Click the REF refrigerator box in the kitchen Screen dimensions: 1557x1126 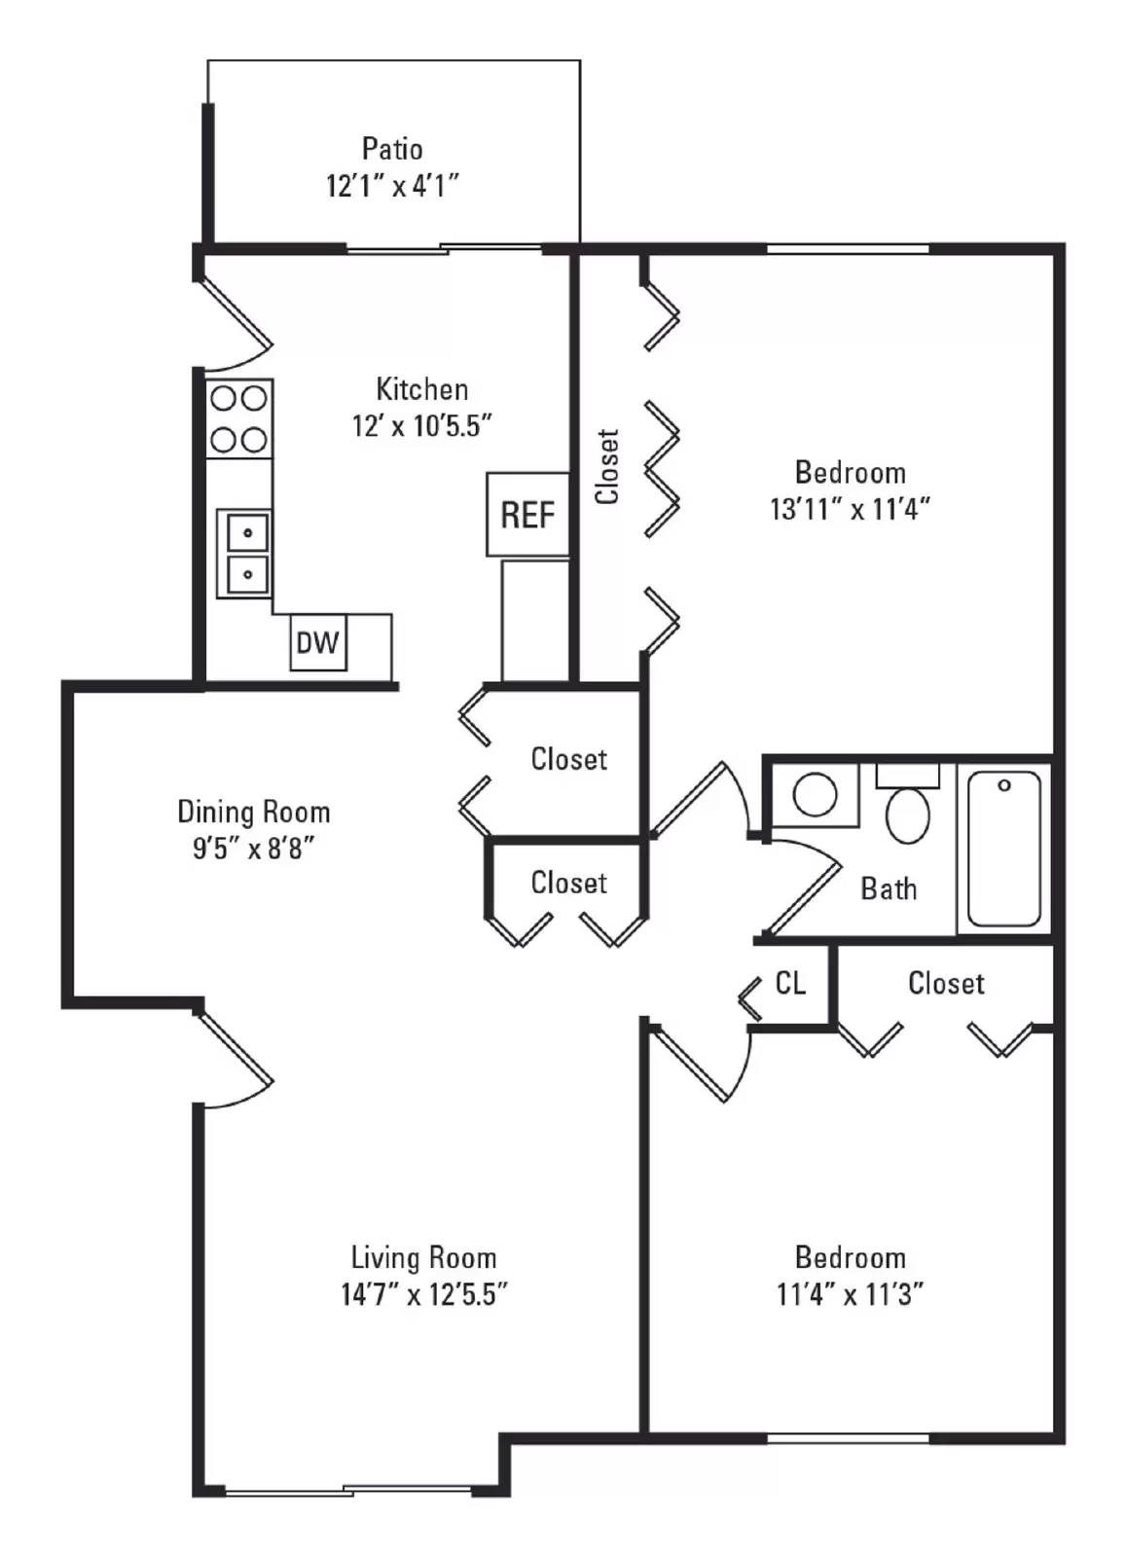click(527, 514)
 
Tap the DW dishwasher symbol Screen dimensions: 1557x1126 click(317, 642)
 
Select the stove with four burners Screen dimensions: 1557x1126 click(239, 418)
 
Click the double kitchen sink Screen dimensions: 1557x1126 click(244, 553)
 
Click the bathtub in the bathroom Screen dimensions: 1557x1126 click(1004, 849)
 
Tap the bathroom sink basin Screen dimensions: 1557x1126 click(815, 795)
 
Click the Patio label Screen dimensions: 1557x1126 click(392, 149)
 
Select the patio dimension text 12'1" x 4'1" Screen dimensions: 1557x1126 click(392, 185)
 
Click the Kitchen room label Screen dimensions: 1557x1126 click(421, 389)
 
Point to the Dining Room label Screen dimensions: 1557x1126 click(253, 812)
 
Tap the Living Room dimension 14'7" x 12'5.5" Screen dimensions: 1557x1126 click(424, 1294)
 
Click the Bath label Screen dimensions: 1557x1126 click(889, 888)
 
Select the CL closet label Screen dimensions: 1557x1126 click(790, 983)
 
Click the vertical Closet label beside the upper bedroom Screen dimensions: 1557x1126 click(607, 466)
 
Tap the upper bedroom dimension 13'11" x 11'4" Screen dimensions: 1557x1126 click(850, 509)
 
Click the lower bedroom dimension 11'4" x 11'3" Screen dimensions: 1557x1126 click(850, 1294)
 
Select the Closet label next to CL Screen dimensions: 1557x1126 click(946, 983)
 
